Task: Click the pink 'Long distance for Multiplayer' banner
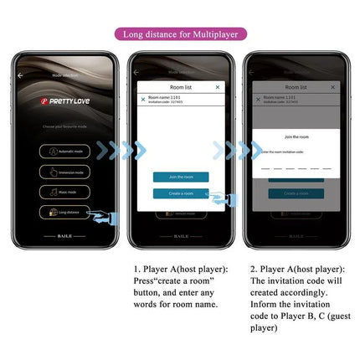coord(180,34)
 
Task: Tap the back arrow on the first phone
coord(21,75)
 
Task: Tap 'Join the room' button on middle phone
coord(180,177)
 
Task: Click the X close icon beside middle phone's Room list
coord(218,86)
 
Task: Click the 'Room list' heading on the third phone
coord(296,86)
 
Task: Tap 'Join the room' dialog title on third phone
coord(296,136)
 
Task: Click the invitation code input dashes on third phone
coord(296,167)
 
